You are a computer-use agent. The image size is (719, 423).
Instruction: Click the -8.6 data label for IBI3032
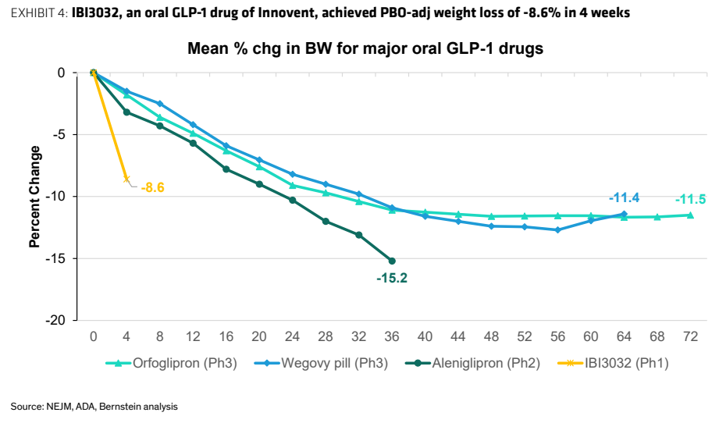152,187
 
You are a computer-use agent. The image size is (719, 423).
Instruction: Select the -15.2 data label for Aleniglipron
392,278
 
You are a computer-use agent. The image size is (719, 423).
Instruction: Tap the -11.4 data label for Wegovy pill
624,197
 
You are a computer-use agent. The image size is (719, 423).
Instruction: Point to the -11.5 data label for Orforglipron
691,199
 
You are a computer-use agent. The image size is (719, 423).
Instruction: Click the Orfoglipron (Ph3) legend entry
171,364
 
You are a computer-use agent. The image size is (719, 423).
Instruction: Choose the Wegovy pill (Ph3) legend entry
321,364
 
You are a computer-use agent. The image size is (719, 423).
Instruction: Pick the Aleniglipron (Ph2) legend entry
473,364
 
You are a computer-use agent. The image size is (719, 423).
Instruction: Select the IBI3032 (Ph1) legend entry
613,364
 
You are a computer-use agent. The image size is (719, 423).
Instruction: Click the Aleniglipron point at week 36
392,261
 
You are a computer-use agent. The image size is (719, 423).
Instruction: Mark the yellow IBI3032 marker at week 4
126,180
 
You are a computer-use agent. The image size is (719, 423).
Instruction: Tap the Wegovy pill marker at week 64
624,214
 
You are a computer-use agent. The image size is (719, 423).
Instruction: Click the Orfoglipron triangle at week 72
691,215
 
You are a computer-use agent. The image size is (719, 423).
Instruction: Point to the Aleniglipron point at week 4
126,112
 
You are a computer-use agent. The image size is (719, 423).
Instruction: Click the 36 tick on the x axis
392,337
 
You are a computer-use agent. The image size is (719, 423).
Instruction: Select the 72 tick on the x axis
691,337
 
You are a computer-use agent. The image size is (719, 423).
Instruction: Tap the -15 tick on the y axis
55,259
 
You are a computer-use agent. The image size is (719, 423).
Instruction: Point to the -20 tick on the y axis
55,320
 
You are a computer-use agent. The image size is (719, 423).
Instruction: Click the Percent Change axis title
35,197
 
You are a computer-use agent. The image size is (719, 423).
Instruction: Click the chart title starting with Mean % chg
365,48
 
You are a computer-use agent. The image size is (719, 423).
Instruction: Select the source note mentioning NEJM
94,407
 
